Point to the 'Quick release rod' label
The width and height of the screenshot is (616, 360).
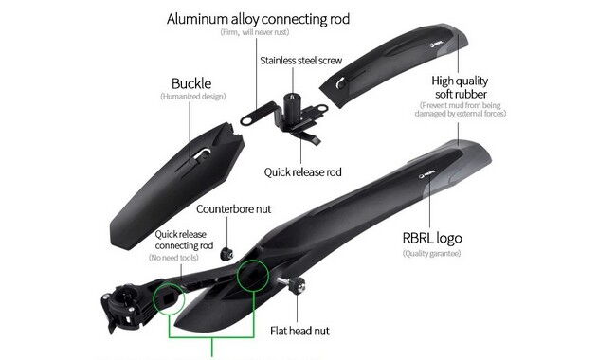303,172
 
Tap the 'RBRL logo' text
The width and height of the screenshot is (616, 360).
434,238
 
